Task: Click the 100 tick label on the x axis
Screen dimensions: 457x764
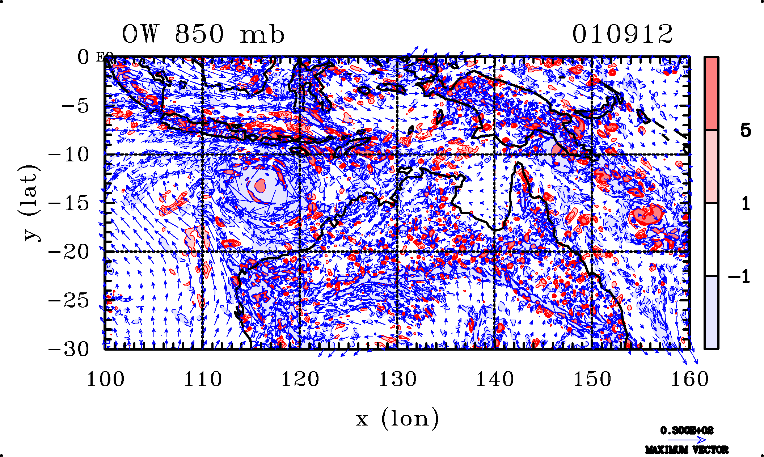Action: coord(105,380)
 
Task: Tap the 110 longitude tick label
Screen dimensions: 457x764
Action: coord(203,380)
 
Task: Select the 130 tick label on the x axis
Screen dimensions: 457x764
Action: coord(397,380)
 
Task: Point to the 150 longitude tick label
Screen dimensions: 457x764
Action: coord(592,380)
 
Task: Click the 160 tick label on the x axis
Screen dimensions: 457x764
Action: coord(689,380)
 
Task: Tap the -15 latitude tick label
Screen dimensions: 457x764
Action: coord(68,203)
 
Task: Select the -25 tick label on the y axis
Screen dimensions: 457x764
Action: coord(68,301)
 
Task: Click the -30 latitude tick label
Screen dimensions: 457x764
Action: coord(68,350)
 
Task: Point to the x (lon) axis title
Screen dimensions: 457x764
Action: coord(397,419)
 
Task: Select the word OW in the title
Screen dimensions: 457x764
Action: coord(140,35)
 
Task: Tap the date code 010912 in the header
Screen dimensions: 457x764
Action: coord(622,34)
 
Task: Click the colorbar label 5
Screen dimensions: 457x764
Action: coord(745,130)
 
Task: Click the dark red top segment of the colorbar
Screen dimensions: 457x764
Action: coord(712,93)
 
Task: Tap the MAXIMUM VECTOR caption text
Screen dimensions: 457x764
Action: coord(687,450)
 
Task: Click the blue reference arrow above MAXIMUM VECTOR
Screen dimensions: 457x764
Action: coord(687,440)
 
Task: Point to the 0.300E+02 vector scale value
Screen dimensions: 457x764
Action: coord(687,431)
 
